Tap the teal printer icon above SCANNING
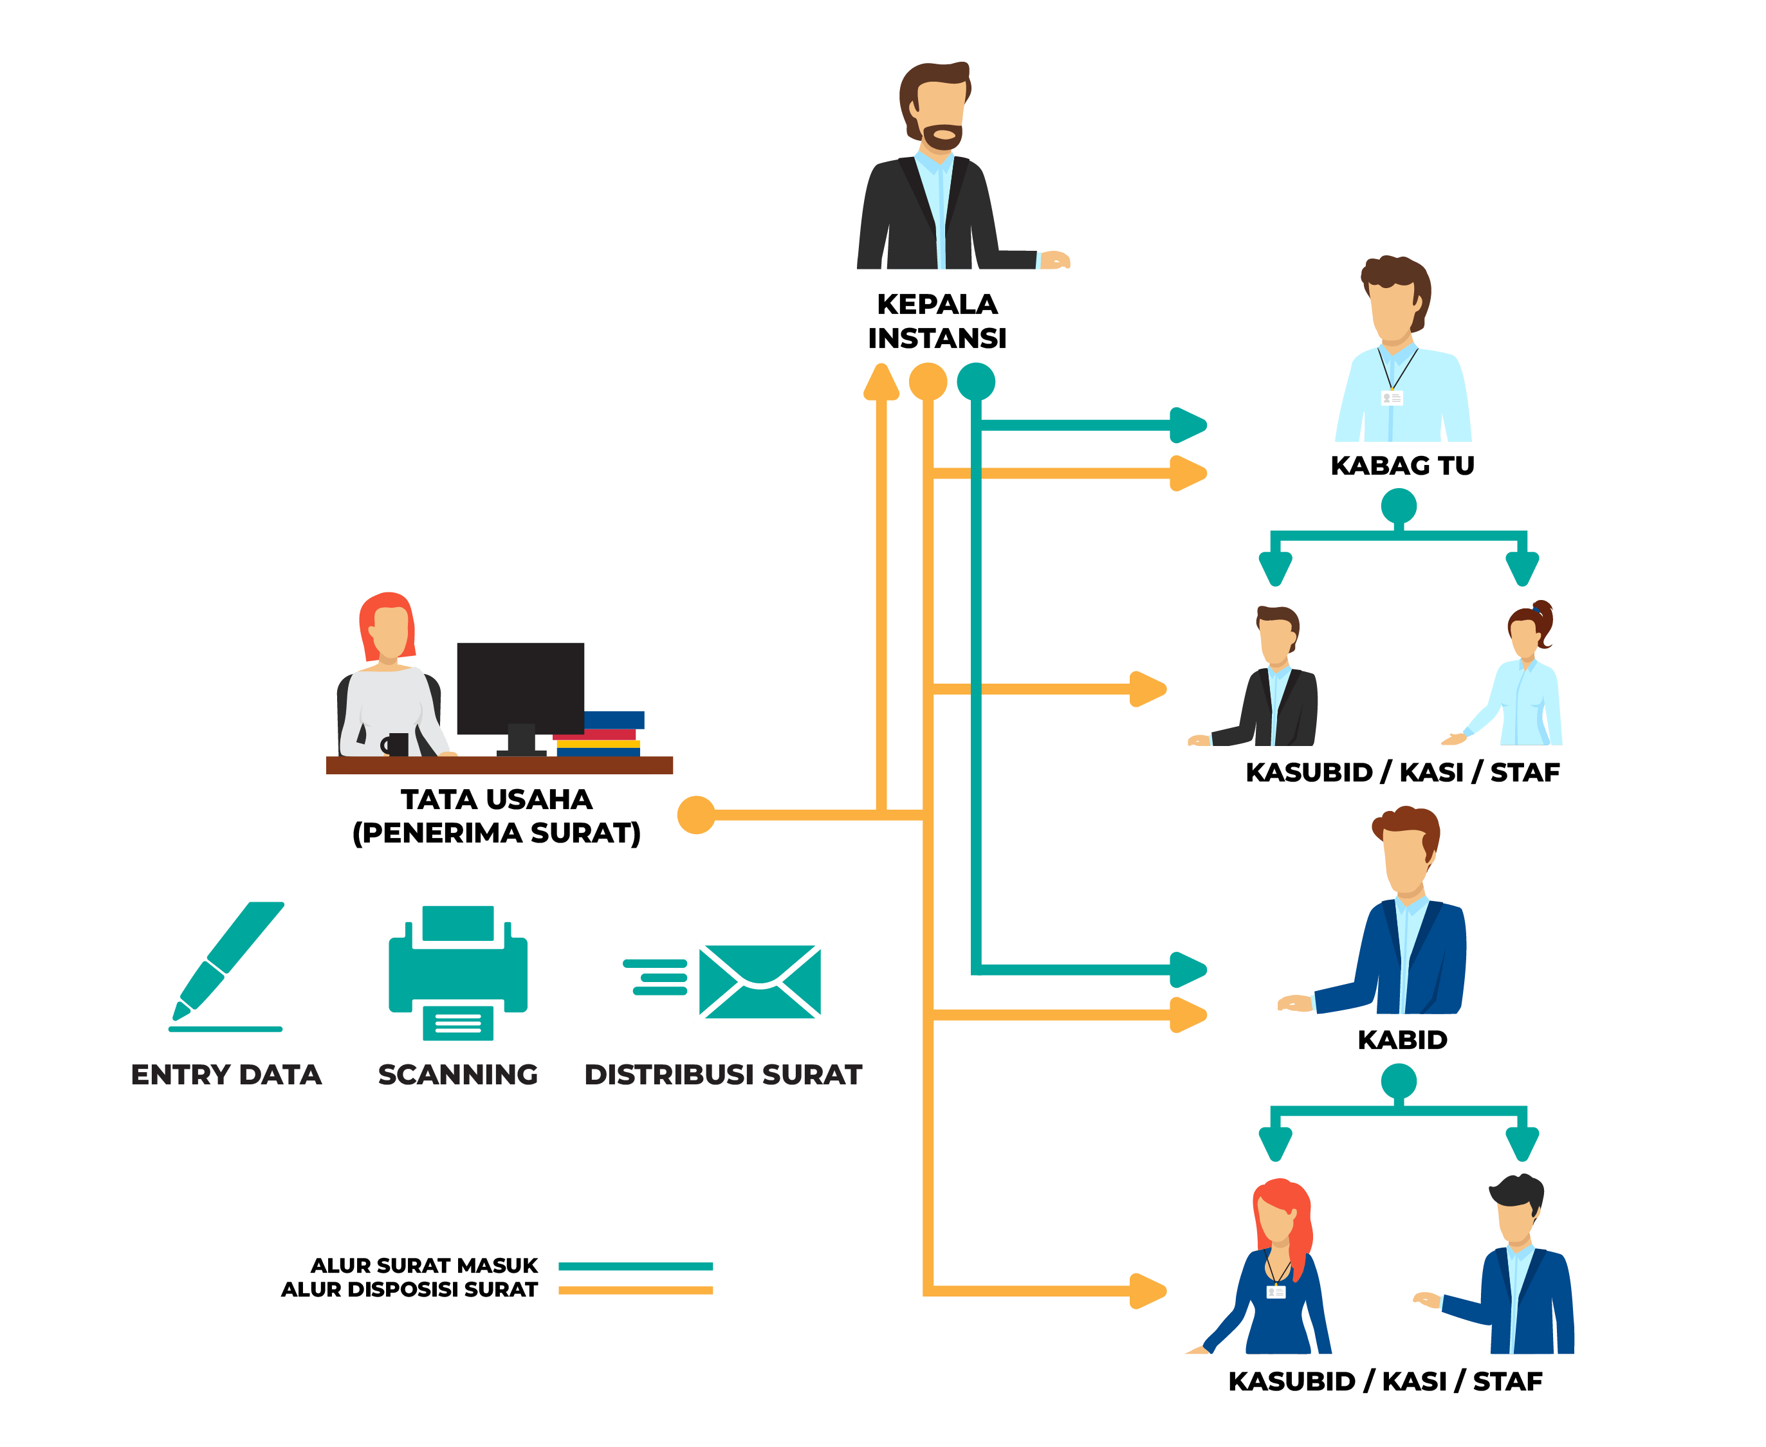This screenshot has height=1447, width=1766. pyautogui.click(x=458, y=971)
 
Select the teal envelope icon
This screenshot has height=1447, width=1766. pyautogui.click(x=760, y=981)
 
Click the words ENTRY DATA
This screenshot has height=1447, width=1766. pyautogui.click(x=226, y=1075)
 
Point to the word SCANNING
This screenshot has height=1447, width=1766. pyautogui.click(x=458, y=1075)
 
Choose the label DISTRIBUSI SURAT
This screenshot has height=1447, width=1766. pyautogui.click(x=723, y=1075)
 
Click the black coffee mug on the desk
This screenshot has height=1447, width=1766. pyautogui.click(x=397, y=744)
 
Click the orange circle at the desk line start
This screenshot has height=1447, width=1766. pyautogui.click(x=696, y=815)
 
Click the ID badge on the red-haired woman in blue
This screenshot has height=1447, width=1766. pyautogui.click(x=1276, y=1292)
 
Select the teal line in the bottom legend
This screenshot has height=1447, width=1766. pyautogui.click(x=636, y=1267)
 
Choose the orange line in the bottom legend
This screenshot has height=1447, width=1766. pyautogui.click(x=636, y=1290)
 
